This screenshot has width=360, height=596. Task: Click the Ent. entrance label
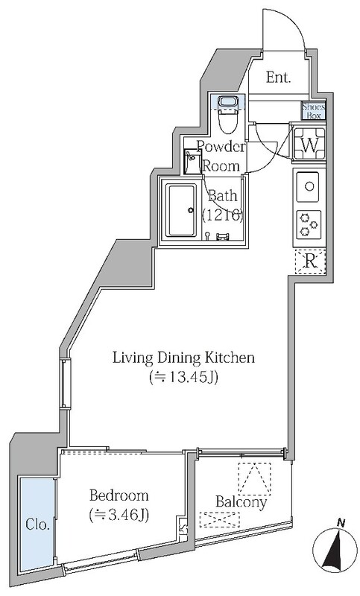(x=278, y=77)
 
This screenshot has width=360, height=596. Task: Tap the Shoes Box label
(x=314, y=111)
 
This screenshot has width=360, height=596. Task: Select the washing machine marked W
(x=309, y=144)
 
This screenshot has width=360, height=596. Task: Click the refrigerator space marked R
(x=311, y=261)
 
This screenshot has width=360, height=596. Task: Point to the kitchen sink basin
(x=308, y=187)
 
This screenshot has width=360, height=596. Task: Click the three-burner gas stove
(x=309, y=224)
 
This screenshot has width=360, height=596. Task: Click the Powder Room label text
(x=221, y=156)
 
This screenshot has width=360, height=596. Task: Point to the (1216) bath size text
(x=222, y=216)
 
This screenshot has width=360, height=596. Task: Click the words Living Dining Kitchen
(x=183, y=358)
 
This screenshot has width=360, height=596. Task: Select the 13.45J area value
(x=183, y=378)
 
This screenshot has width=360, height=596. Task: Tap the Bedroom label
(x=119, y=495)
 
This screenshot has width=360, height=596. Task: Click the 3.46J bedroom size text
(x=119, y=515)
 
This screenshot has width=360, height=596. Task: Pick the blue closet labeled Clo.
(x=37, y=524)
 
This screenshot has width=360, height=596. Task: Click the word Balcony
(x=241, y=502)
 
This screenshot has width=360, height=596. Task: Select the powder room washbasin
(x=192, y=162)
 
